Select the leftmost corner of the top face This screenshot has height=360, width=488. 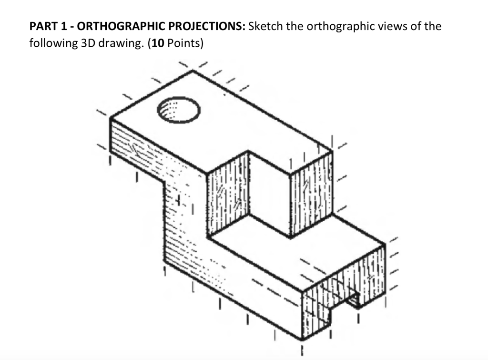click(x=110, y=119)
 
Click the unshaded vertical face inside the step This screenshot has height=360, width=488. click(x=269, y=193)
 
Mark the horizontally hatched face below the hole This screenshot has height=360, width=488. click(x=138, y=148)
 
